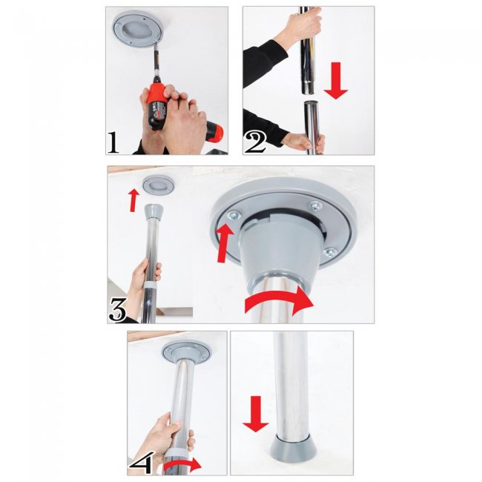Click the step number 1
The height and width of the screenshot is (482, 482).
coord(113,142)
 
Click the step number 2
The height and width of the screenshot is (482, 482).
coord(255,142)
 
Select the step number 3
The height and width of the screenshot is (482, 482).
coord(117,311)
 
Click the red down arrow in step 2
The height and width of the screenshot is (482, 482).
coord(336,81)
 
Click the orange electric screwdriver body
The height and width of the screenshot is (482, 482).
coord(157,104)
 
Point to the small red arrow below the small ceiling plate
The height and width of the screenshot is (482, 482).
coord(133,200)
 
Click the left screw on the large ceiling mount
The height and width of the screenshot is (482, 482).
coord(234,216)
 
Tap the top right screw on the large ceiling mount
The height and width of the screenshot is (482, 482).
coord(315,205)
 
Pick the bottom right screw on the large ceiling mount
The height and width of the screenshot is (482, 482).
coord(329,253)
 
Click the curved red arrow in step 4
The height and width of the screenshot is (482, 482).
coord(182,466)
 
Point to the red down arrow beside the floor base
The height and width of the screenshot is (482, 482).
coord(256,414)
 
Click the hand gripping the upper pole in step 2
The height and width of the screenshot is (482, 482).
coord(302,27)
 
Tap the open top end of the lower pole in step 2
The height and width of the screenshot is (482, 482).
coord(313,102)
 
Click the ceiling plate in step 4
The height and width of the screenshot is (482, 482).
coord(187,352)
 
